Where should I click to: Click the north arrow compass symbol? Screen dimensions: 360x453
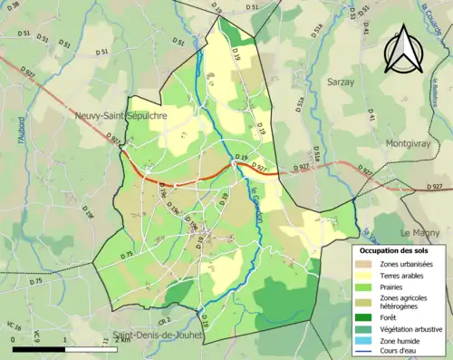click(x=404, y=52)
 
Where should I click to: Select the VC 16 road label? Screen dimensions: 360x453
click(x=14, y=324)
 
